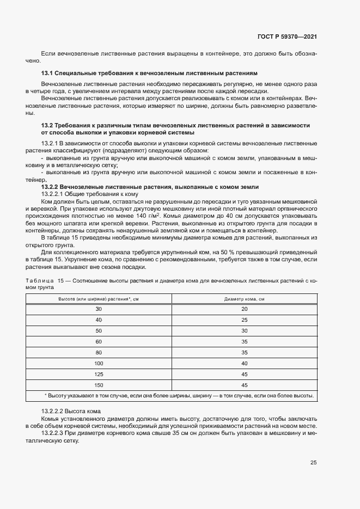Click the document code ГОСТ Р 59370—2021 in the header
pos(286,37)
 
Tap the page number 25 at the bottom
pos(313,463)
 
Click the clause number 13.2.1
pos(51,143)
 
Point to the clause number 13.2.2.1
pos(53,194)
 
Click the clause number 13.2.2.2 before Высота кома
pos(53,410)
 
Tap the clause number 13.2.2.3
pos(53,433)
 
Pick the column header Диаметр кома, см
pos(245,299)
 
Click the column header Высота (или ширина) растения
pos(99,299)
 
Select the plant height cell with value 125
pos(99,374)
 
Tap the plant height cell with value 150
pos(99,385)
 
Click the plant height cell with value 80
pos(99,352)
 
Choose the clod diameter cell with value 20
pos(245,309)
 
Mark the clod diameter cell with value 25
pos(245,320)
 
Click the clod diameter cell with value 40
pos(245,363)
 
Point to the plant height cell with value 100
pos(99,363)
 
